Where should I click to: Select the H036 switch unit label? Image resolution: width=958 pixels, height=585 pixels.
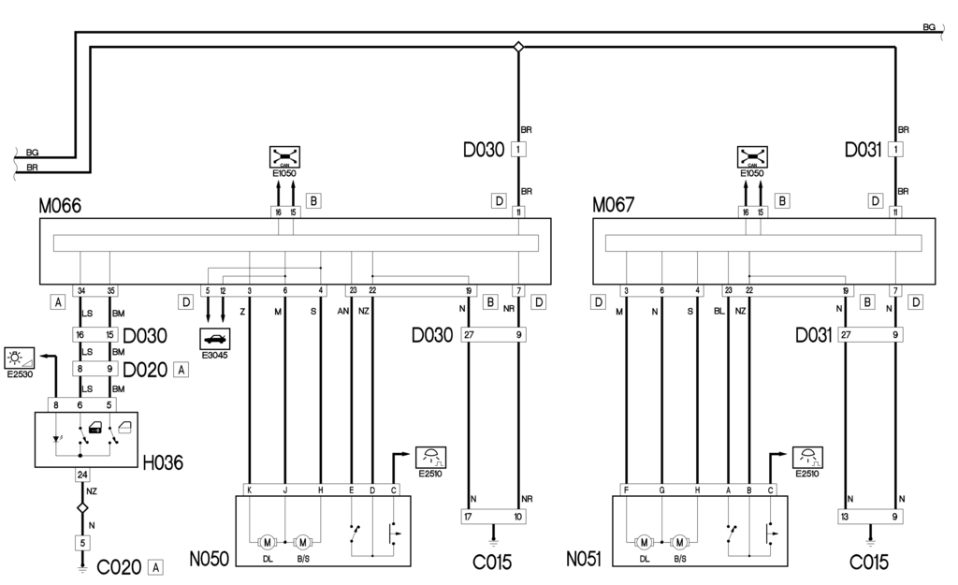[163, 461]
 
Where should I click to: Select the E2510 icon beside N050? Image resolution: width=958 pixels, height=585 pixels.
[431, 458]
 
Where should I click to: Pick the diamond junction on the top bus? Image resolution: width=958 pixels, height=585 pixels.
[519, 46]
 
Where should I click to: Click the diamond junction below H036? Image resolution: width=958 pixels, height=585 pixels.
[81, 507]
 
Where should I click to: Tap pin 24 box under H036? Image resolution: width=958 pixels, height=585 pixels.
[81, 474]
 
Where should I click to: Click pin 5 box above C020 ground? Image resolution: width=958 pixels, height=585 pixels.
[81, 541]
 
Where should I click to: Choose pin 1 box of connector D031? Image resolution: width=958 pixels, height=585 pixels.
[896, 149]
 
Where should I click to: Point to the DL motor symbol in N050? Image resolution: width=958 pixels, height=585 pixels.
[267, 541]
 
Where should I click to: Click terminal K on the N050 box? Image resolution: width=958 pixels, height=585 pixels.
[249, 489]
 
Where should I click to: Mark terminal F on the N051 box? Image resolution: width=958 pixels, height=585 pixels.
[625, 489]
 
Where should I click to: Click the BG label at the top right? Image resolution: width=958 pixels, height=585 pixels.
[929, 27]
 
